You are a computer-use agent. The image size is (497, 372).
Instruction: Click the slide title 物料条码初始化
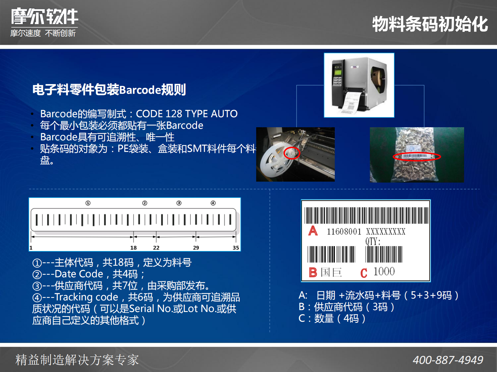pyautogui.click(x=430, y=24)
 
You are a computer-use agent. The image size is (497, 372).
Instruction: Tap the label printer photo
pyautogui.click(x=359, y=85)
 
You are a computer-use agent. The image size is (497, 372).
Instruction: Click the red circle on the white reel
pyautogui.click(x=292, y=153)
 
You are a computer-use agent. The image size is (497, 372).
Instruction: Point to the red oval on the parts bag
pyautogui.click(x=417, y=156)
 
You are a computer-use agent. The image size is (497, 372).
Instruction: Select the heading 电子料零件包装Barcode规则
pyautogui.click(x=109, y=90)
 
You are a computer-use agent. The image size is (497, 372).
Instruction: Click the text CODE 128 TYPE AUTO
pyautogui.click(x=187, y=114)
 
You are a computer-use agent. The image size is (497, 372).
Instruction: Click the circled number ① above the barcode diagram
pyautogui.click(x=88, y=203)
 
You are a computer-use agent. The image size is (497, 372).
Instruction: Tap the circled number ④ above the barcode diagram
pyautogui.click(x=213, y=203)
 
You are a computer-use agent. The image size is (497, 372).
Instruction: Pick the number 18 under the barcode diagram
pyautogui.click(x=133, y=248)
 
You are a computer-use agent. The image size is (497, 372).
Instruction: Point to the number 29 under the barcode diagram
pyautogui.click(x=196, y=248)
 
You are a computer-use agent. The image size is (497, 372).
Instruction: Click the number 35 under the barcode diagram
pyautogui.click(x=236, y=248)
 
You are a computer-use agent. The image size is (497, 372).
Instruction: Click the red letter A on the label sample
pyautogui.click(x=313, y=231)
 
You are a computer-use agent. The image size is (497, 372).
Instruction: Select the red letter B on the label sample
pyautogui.click(x=313, y=272)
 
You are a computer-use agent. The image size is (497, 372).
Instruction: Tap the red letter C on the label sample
pyautogui.click(x=364, y=273)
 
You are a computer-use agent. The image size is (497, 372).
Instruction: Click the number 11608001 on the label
pyautogui.click(x=344, y=232)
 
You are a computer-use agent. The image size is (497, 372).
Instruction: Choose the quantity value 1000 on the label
pyautogui.click(x=384, y=271)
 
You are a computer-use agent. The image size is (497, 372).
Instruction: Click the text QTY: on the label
pyautogui.click(x=373, y=241)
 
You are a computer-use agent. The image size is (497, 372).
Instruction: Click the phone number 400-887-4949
pyautogui.click(x=448, y=360)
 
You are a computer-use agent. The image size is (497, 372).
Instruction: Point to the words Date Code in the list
pyautogui.click(x=79, y=274)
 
